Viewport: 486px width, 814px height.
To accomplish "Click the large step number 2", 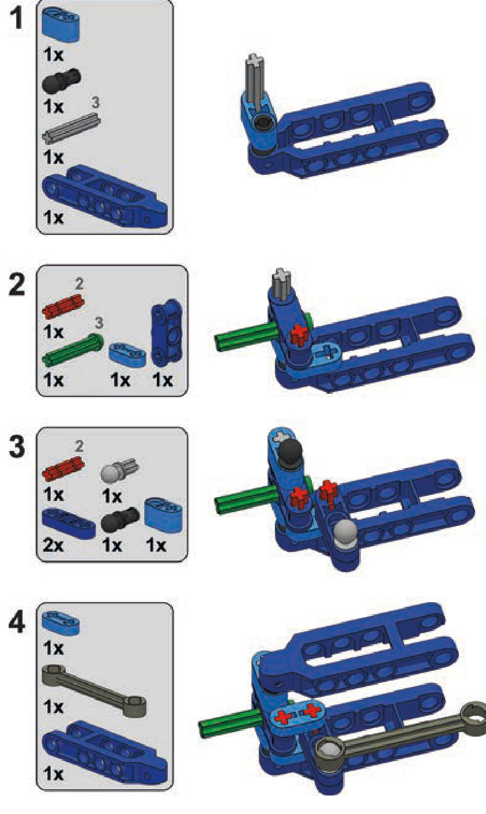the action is click(17, 285).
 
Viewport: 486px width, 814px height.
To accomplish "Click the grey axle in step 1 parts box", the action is click(71, 128).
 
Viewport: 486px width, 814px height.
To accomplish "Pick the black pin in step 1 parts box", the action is click(61, 80).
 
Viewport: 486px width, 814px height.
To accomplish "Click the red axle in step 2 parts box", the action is click(63, 305).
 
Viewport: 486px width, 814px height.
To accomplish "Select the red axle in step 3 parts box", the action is click(63, 468).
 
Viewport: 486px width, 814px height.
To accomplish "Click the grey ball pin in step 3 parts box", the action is click(119, 471).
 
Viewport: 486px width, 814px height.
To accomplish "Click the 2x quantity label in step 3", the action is click(53, 546).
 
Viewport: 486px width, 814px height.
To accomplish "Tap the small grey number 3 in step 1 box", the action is click(95, 103).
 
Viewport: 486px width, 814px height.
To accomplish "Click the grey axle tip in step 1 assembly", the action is click(255, 59).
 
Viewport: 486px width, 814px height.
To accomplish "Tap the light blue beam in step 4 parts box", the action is click(61, 623).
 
